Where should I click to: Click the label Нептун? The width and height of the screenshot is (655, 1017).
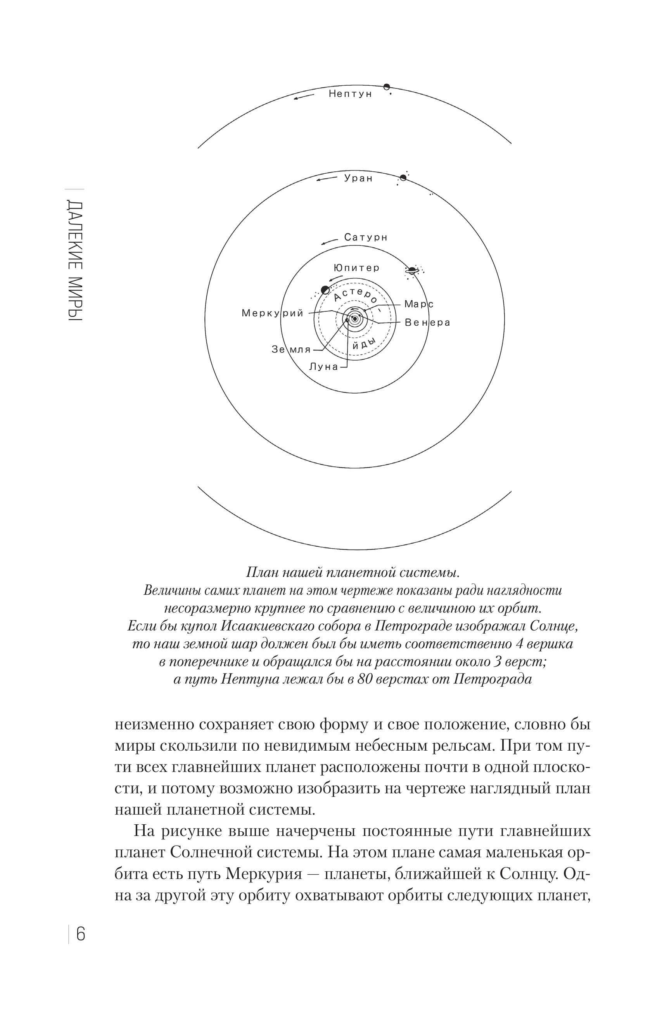(x=350, y=94)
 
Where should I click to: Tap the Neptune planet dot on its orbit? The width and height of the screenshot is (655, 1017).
(x=386, y=87)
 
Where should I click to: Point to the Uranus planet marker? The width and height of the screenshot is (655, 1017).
(x=403, y=178)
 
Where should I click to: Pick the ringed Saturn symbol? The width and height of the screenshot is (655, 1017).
(x=412, y=270)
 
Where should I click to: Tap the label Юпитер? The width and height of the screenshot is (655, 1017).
(x=356, y=268)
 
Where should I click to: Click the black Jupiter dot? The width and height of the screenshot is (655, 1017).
(x=325, y=290)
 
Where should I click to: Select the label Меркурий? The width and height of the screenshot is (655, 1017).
(x=273, y=314)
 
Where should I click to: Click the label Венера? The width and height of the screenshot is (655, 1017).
(x=427, y=323)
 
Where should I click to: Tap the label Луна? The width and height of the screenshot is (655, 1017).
(x=323, y=366)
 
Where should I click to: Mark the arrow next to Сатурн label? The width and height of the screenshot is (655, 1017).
(x=329, y=242)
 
